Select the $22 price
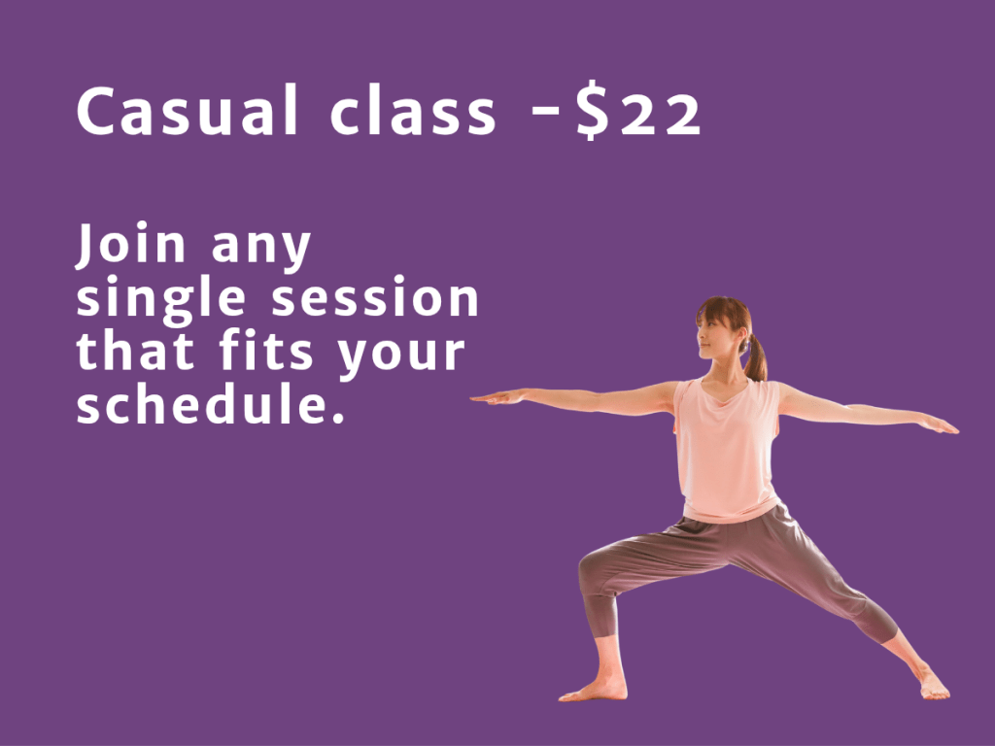pyautogui.click(x=639, y=110)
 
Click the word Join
pyautogui.click(x=131, y=246)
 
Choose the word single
pyautogui.click(x=161, y=300)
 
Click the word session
pyautogui.click(x=375, y=297)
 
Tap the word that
pyautogui.click(x=135, y=350)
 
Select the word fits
pyautogui.click(x=266, y=350)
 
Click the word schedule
pyautogui.click(x=211, y=403)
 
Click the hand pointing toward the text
pyautogui.click(x=498, y=397)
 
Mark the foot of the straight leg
pyautogui.click(x=933, y=685)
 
